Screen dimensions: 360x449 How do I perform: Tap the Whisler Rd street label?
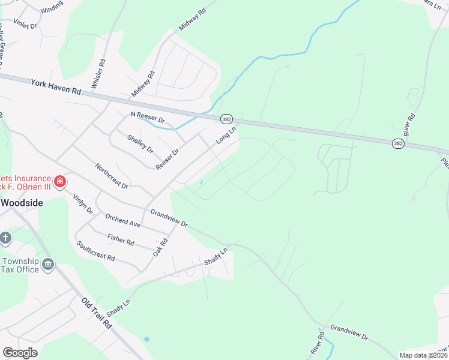click(98, 74)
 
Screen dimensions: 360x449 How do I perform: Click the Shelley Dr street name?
click(140, 143)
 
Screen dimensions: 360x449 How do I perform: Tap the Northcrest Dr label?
click(112, 175)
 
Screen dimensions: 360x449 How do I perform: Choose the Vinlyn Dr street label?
click(83, 204)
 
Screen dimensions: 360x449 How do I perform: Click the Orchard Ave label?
click(122, 220)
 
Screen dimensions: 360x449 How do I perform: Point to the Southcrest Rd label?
click(95, 251)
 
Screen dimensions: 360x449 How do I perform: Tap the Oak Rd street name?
click(159, 246)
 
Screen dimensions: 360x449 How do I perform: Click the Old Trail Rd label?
click(97, 313)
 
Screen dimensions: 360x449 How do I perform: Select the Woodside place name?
click(22, 203)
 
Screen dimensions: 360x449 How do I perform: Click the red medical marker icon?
click(59, 181)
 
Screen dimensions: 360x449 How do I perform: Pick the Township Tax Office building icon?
click(48, 264)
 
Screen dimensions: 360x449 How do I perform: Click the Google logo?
click(20, 353)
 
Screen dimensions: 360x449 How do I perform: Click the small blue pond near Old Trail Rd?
click(146, 339)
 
